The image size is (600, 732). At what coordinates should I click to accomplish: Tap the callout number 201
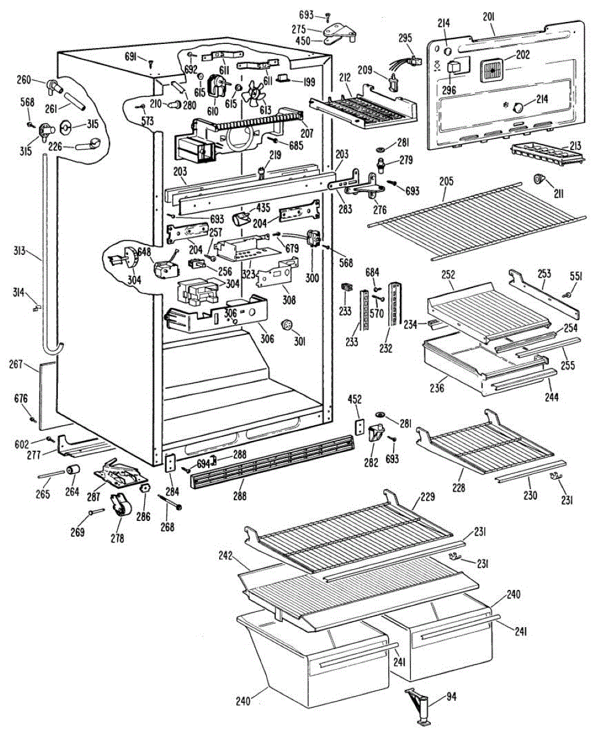coord(488,16)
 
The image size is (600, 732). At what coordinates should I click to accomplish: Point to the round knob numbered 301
coord(284,323)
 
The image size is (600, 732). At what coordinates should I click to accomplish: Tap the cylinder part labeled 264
coord(74,470)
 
